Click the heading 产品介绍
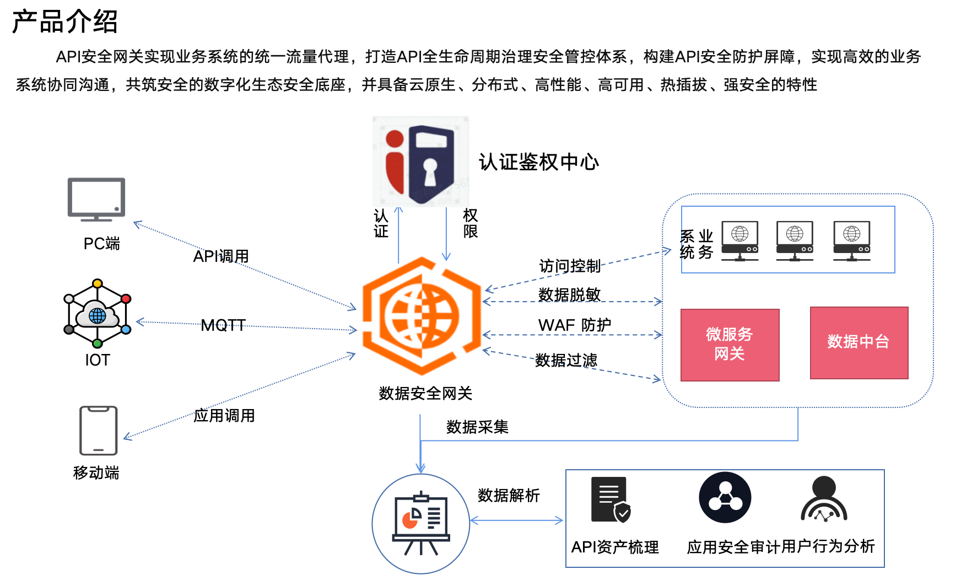point(65,22)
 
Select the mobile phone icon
point(99,431)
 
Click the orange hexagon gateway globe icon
point(422,316)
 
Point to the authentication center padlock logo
point(420,162)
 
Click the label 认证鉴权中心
point(538,163)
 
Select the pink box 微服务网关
point(730,345)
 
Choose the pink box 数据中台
point(859,342)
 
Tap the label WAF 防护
point(575,325)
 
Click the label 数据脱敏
point(569,294)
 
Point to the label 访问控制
point(570,266)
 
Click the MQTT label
point(223,325)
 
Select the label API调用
point(221,256)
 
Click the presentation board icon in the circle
point(421,523)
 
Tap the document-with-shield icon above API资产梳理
point(611,500)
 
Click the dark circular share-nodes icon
point(725,497)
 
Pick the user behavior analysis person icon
point(824,500)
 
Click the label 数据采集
point(477,427)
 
